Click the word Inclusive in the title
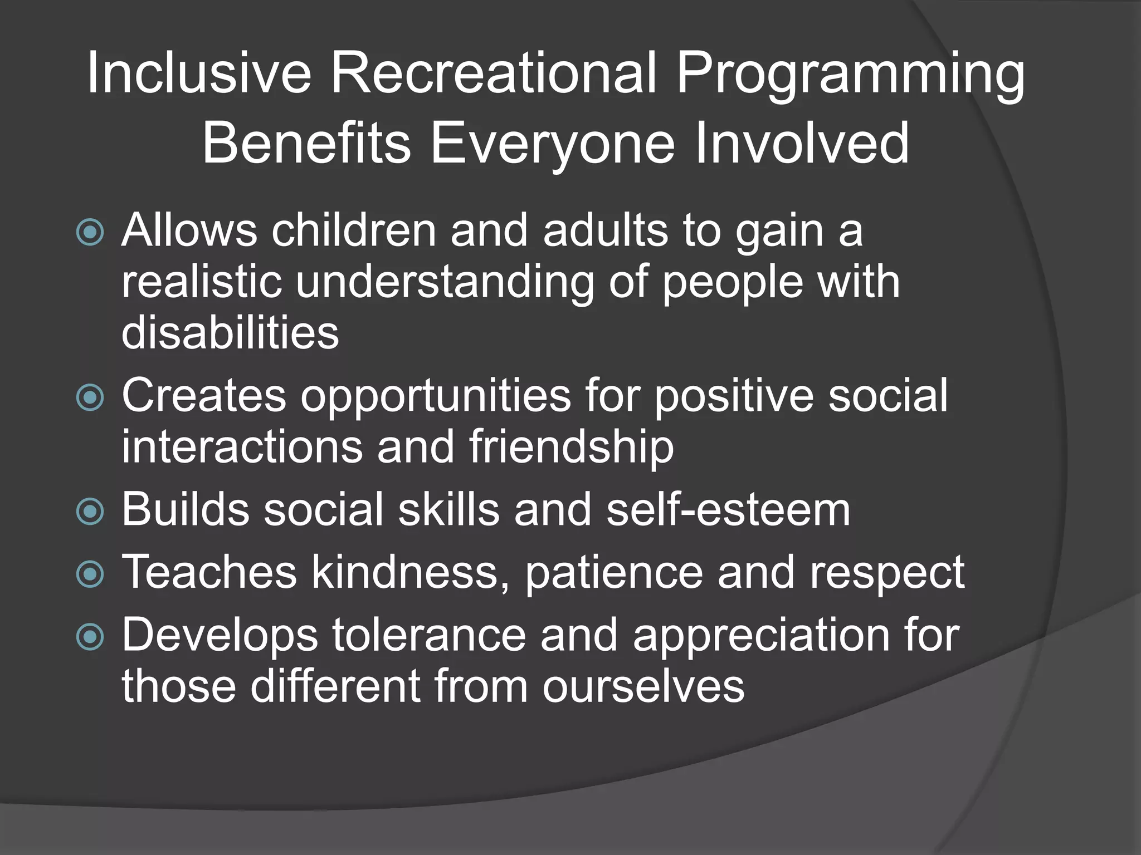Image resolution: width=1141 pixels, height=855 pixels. tap(199, 73)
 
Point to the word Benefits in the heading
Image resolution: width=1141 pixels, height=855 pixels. tap(306, 144)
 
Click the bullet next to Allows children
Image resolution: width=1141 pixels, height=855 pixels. tap(90, 232)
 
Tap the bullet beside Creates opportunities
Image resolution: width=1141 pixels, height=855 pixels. tap(90, 397)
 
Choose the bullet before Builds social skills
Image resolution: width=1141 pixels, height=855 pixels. tap(90, 512)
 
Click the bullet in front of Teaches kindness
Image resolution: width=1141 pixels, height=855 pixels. tap(90, 574)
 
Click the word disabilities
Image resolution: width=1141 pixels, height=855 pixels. tap(230, 332)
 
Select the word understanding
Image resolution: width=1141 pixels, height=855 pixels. tap(445, 283)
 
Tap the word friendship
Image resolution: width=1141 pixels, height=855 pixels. tap(571, 447)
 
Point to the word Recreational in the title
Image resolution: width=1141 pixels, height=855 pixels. tap(493, 73)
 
